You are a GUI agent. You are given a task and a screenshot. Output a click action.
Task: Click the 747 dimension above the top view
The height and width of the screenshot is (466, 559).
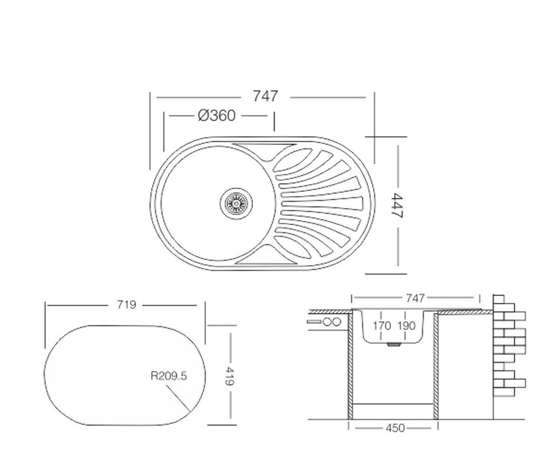tap(266, 96)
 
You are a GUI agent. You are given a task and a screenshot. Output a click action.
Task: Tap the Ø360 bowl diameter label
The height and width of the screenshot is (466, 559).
tap(217, 116)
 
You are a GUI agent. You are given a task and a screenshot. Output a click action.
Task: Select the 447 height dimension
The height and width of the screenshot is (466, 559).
tap(397, 205)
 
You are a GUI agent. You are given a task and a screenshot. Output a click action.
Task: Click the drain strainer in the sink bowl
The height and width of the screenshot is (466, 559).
tap(236, 204)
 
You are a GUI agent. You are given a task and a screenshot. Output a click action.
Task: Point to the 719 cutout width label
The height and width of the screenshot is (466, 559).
tap(126, 304)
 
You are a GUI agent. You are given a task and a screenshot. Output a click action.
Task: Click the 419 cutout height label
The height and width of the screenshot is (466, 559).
tap(230, 376)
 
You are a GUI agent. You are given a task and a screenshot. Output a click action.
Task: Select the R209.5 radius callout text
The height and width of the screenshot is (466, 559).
tap(168, 376)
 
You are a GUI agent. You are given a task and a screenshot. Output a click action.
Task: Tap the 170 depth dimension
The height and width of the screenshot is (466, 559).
tap(382, 326)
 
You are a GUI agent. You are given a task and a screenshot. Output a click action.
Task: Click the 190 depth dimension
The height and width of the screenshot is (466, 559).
tap(406, 326)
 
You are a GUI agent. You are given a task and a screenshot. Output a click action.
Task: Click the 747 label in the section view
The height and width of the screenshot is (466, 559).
tap(415, 298)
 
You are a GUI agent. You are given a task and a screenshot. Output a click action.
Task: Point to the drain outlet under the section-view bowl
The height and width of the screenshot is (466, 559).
tap(394, 345)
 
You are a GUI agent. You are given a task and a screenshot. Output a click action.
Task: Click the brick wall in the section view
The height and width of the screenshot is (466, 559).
tap(509, 345)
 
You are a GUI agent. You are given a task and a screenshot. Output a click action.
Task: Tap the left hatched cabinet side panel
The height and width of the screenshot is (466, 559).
tap(350, 366)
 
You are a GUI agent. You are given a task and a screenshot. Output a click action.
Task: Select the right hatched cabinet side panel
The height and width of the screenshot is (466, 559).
tap(436, 366)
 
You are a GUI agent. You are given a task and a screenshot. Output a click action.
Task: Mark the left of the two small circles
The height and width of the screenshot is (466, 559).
tap(327, 322)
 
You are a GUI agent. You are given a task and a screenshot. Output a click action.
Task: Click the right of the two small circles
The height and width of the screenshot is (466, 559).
tap(336, 322)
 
